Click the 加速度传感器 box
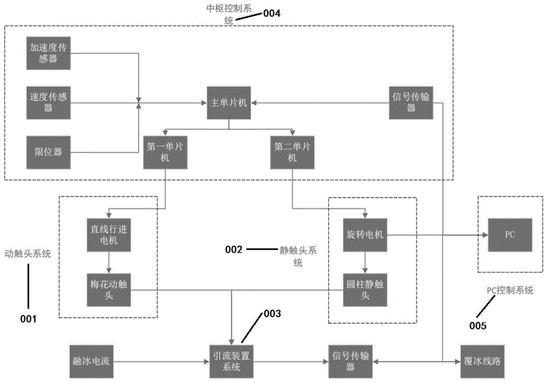click(x=49, y=53)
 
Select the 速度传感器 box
click(x=49, y=102)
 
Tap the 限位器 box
click(x=49, y=151)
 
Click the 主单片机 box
click(x=229, y=102)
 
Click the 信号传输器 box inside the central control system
click(x=411, y=102)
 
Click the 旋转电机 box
click(x=365, y=234)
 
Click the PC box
click(x=510, y=234)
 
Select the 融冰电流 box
click(x=92, y=362)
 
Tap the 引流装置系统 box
click(x=232, y=362)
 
